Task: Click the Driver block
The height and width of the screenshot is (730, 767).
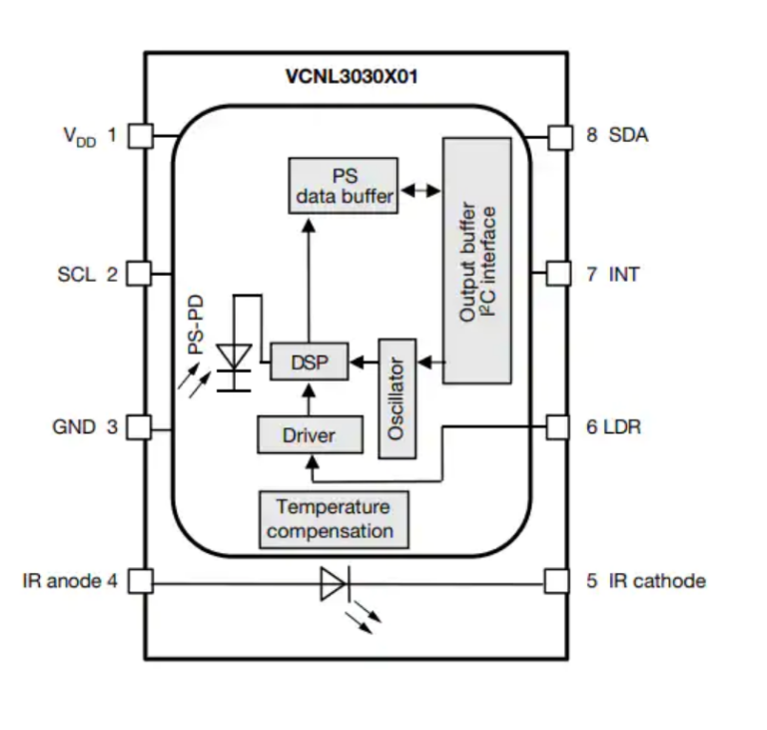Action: (309, 435)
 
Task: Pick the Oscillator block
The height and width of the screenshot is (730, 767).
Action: (397, 397)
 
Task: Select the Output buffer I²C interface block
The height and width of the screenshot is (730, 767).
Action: (477, 262)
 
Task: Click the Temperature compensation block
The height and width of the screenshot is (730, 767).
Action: (336, 519)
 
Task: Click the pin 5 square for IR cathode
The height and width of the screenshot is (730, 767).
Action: (557, 580)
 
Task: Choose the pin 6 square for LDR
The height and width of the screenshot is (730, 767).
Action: (557, 427)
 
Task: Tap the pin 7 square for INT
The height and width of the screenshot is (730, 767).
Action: (557, 273)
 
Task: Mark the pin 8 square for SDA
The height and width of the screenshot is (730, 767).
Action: (557, 135)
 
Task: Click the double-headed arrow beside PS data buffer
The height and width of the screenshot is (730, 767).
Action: (419, 187)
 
